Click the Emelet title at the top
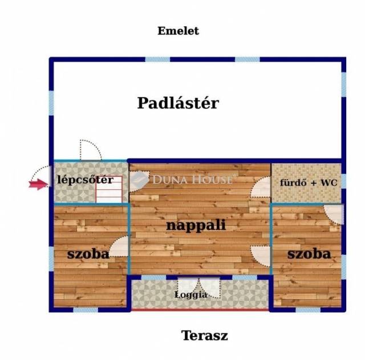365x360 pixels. (x=178, y=31)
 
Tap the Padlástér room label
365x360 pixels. (x=178, y=103)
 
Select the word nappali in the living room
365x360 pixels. (x=196, y=225)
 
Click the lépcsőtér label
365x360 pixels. (x=85, y=180)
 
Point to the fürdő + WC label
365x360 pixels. (x=309, y=183)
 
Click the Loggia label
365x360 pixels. (x=190, y=295)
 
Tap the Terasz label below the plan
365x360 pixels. (x=205, y=335)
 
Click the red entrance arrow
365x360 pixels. (x=38, y=184)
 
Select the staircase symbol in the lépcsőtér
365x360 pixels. (x=109, y=189)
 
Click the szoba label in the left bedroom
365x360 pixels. (x=88, y=254)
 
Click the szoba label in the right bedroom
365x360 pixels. (x=309, y=253)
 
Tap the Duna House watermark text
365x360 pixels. (x=192, y=180)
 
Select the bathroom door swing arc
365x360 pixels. (x=261, y=187)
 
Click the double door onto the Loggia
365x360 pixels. (x=198, y=288)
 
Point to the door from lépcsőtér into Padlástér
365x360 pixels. (x=91, y=150)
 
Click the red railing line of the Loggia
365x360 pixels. (x=200, y=310)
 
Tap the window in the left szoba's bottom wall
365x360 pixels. (x=86, y=310)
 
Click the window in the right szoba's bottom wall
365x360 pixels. (x=308, y=310)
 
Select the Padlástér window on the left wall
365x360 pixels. (x=51, y=103)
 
